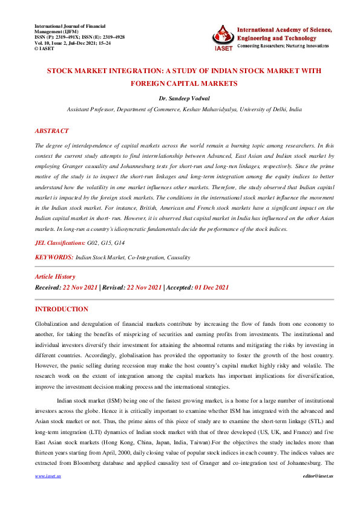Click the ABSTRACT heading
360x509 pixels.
pyautogui.click(x=51, y=131)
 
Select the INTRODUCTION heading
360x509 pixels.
pyautogui.click(x=62, y=309)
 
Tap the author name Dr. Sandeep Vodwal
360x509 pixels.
pyautogui.click(x=179, y=98)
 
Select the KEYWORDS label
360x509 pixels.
pyautogui.click(x=54, y=257)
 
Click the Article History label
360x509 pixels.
pyautogui.click(x=55, y=276)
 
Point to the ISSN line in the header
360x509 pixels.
pyautogui.click(x=79, y=36)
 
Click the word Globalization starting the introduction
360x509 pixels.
pyautogui.click(x=54, y=325)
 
